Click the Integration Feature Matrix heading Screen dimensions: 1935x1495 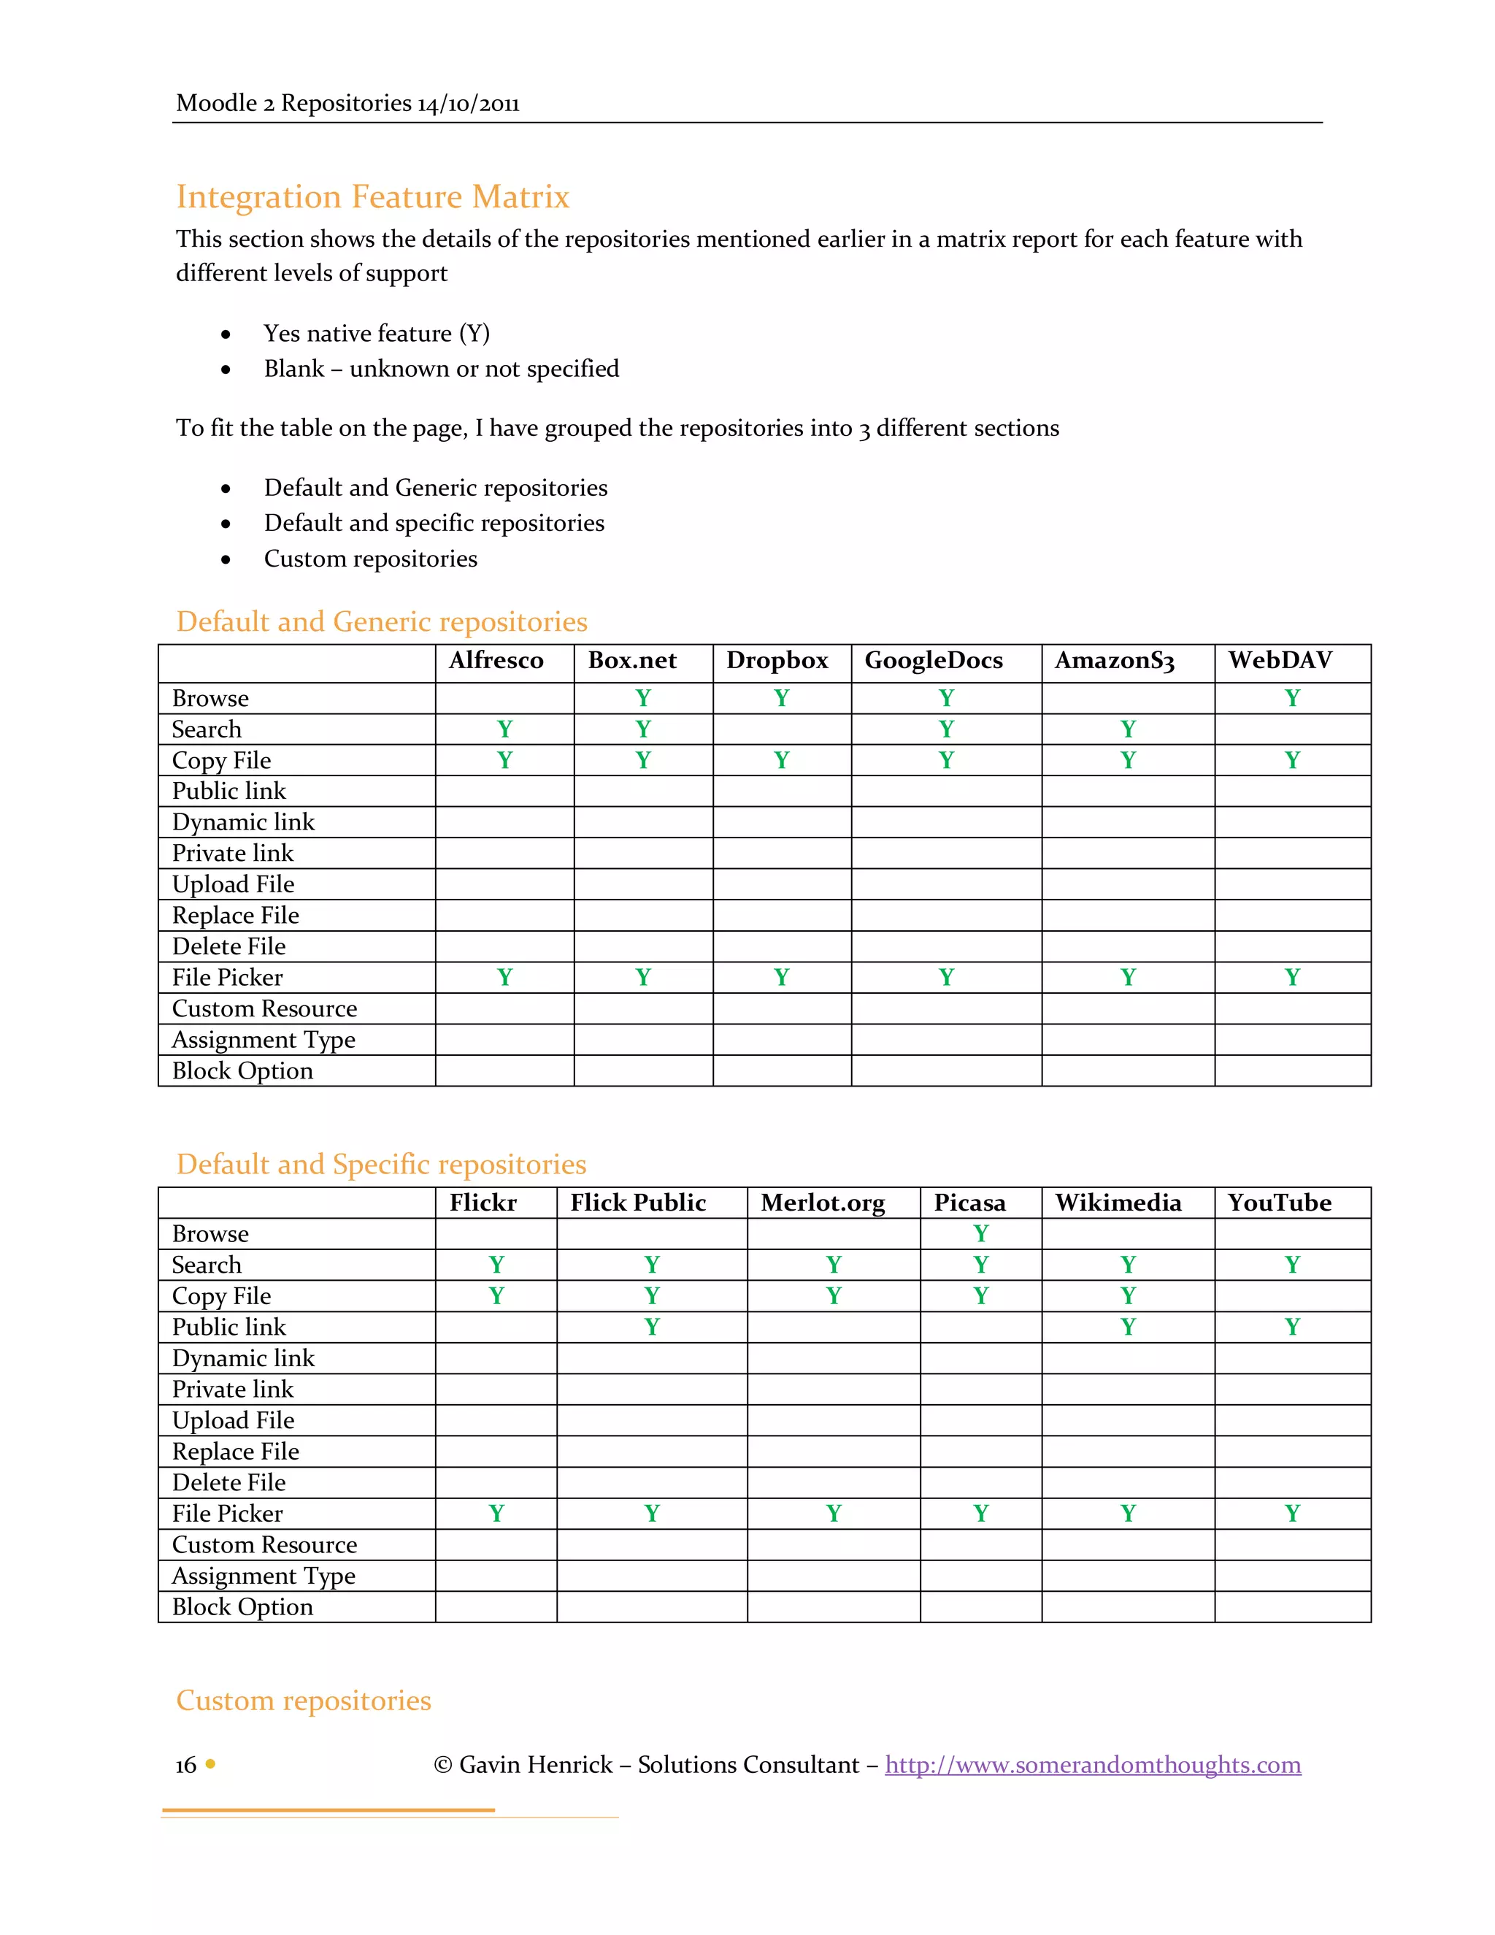[372, 196]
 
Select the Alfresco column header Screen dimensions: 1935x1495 [496, 661]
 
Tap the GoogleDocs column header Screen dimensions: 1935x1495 [934, 661]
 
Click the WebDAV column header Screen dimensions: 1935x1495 [1280, 661]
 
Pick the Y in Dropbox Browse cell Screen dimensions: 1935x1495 [781, 698]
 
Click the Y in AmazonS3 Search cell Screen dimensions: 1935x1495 [1127, 729]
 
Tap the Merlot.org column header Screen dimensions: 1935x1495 [823, 1203]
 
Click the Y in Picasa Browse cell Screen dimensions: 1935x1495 [980, 1233]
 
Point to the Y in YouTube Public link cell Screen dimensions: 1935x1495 [1292, 1327]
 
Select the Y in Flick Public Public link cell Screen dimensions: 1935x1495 [652, 1327]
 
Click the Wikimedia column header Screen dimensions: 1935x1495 [1118, 1203]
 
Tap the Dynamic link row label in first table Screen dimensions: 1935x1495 [244, 822]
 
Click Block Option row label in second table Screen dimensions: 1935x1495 [242, 1607]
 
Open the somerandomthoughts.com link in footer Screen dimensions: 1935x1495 [1093, 1765]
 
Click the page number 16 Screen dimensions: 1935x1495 [186, 1765]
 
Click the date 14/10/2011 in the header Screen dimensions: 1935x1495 [469, 104]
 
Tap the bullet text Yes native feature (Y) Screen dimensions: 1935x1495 [377, 334]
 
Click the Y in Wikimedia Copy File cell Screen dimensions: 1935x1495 [1127, 1296]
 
